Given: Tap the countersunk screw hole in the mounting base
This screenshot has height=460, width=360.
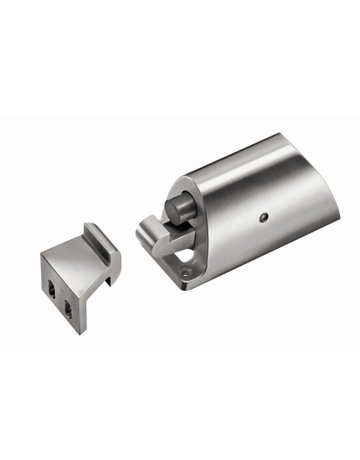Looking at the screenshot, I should (185, 267).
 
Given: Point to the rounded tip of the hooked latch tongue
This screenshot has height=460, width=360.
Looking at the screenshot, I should (147, 237).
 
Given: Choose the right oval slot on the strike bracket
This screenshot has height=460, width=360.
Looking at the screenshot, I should (69, 298).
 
